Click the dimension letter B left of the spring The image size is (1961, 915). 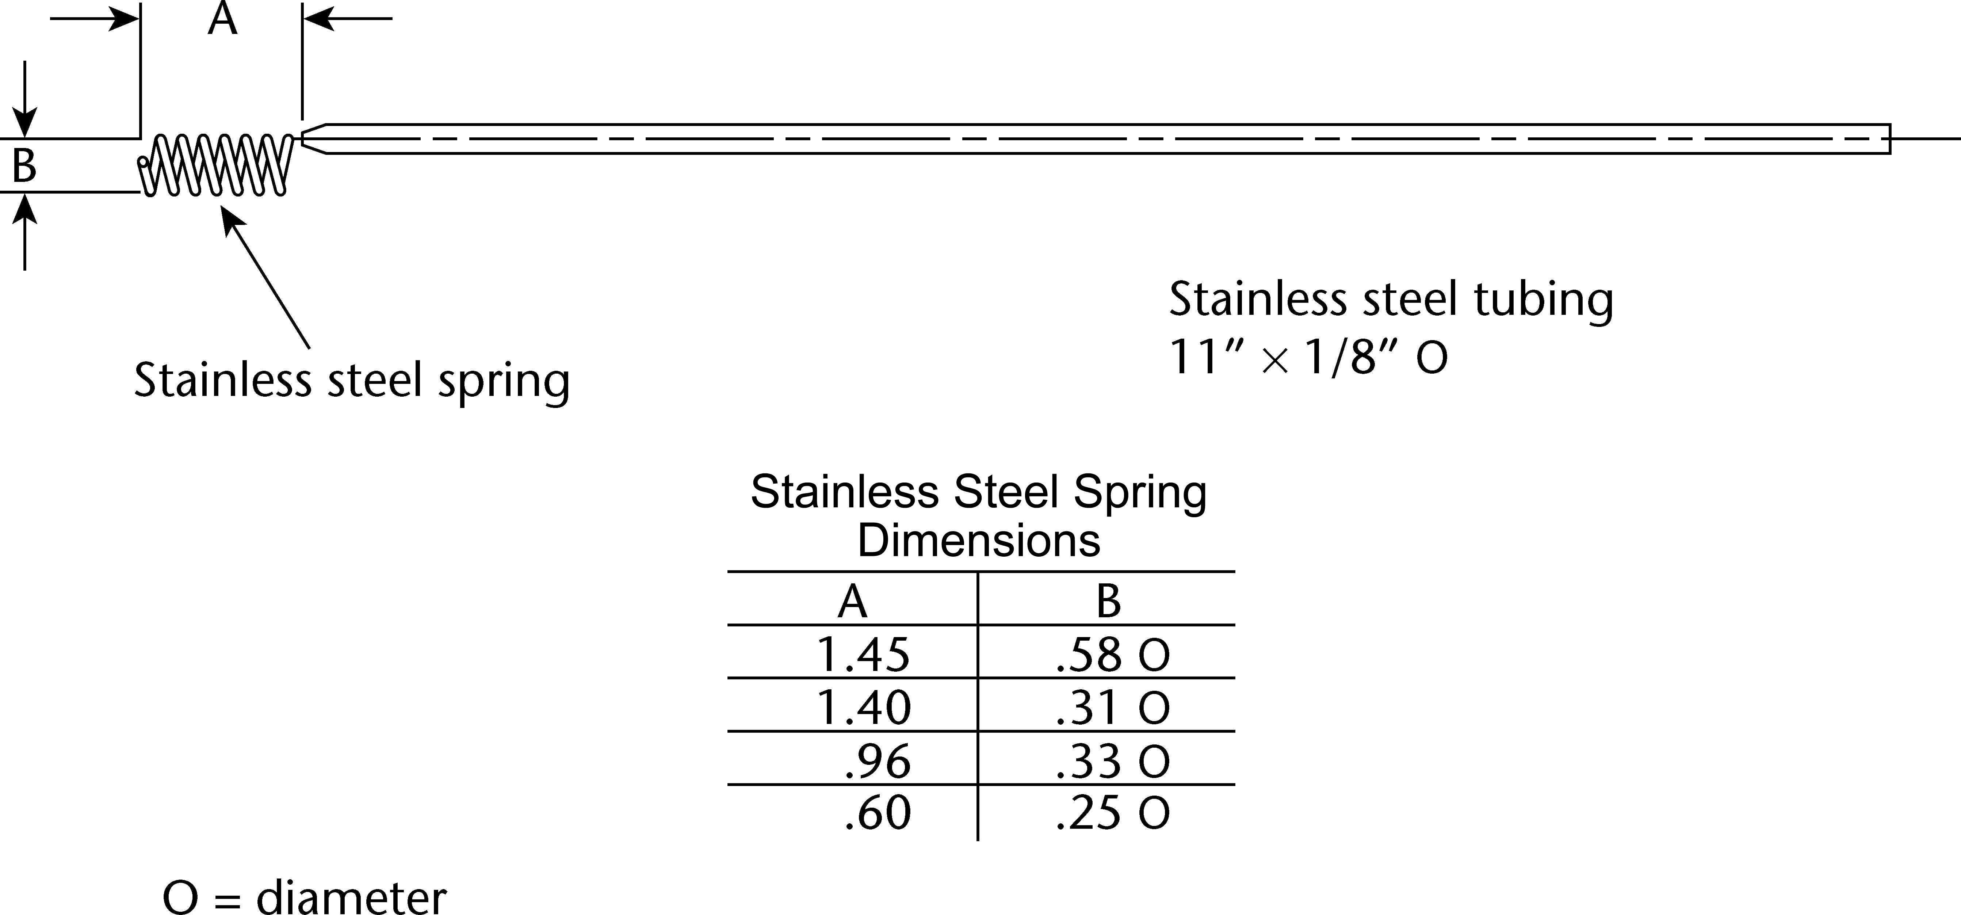click(24, 166)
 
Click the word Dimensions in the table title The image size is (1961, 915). click(979, 541)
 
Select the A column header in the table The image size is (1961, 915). click(853, 601)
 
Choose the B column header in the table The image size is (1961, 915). click(1108, 601)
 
